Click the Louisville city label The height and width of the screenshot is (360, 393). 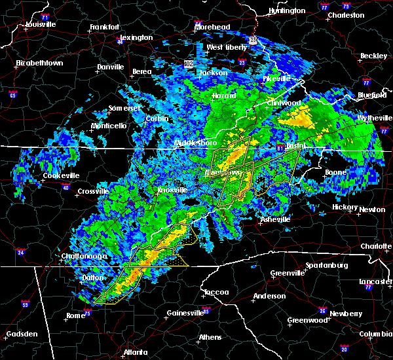[x=41, y=25]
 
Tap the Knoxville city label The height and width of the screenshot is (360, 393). [x=172, y=190]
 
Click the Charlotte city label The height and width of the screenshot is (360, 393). [x=376, y=246]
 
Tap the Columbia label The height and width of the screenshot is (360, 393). [x=376, y=334]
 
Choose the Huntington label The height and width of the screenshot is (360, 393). [x=287, y=11]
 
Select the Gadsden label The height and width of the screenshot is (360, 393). [x=20, y=334]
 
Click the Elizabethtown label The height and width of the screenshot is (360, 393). [x=39, y=63]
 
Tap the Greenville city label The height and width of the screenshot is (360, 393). [x=288, y=273]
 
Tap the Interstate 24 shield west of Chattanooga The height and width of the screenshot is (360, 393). [x=21, y=252]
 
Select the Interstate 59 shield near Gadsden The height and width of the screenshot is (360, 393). [x=26, y=304]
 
